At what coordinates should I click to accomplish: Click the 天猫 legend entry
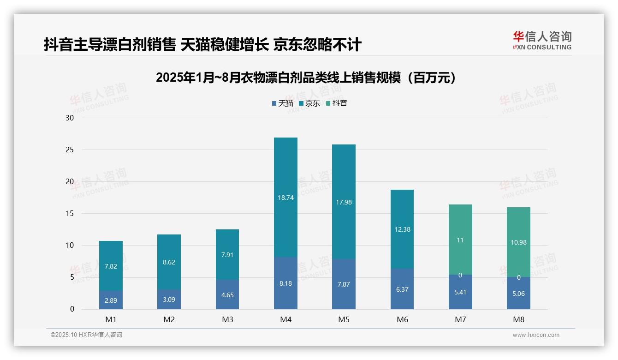pyautogui.click(x=282, y=103)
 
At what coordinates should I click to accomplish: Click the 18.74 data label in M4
pyautogui.click(x=285, y=198)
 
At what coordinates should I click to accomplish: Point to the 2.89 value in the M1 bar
pyautogui.click(x=111, y=300)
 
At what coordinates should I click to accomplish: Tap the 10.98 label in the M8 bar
pyautogui.click(x=518, y=242)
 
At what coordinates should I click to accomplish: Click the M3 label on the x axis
pyautogui.click(x=227, y=319)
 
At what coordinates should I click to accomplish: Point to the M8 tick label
pyautogui.click(x=518, y=319)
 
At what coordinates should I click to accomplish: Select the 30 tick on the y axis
pyautogui.click(x=70, y=118)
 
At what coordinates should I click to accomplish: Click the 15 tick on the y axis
pyautogui.click(x=70, y=213)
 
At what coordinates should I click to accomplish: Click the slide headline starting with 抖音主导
pyautogui.click(x=202, y=45)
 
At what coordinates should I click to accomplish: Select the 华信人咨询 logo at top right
pyautogui.click(x=542, y=41)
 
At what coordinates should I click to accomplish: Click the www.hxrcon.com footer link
pyautogui.click(x=536, y=335)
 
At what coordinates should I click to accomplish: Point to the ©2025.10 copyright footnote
pyautogui.click(x=86, y=335)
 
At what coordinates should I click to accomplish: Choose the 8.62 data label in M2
pyautogui.click(x=169, y=262)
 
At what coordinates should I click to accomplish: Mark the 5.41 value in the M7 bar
pyautogui.click(x=460, y=292)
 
